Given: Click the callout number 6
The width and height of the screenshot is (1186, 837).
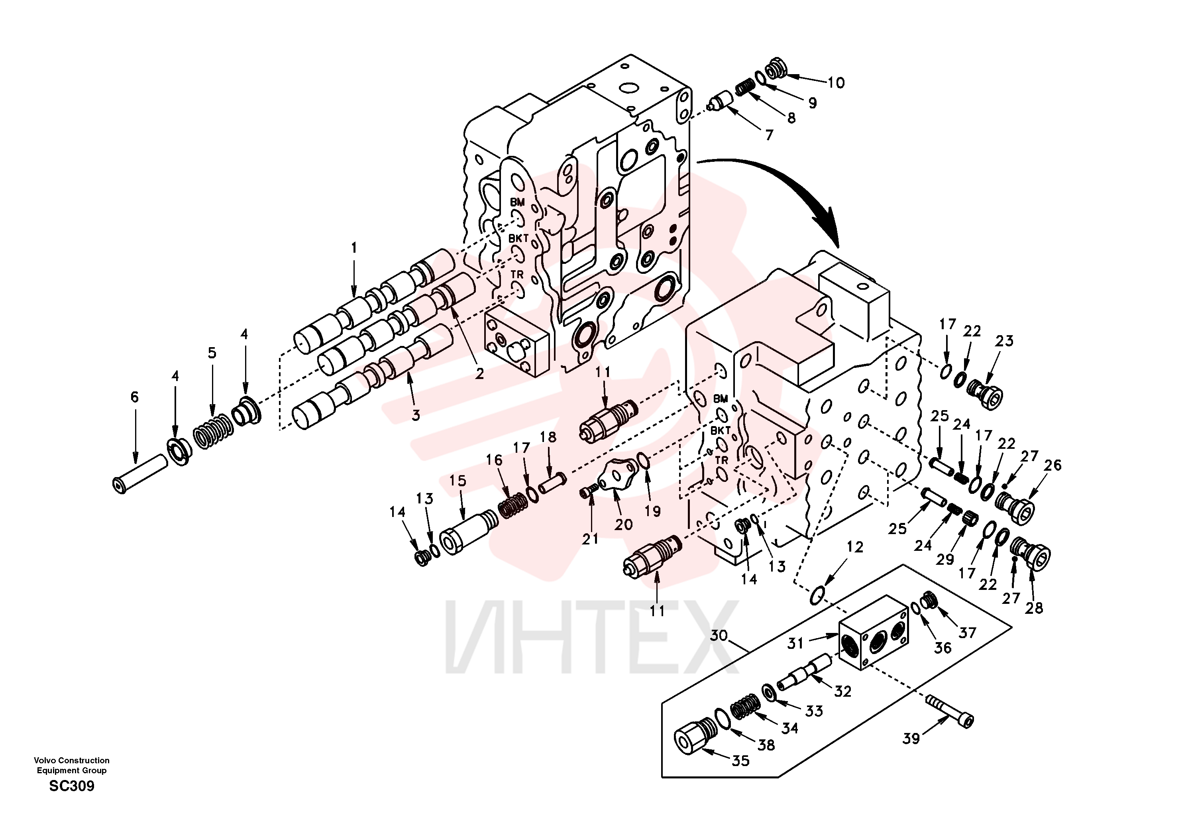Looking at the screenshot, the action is [x=134, y=397].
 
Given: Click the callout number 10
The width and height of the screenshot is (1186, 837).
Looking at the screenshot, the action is [x=836, y=83].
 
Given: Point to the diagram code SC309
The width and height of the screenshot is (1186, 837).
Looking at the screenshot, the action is [x=72, y=786].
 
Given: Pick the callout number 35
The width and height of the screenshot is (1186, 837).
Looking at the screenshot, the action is [x=741, y=760].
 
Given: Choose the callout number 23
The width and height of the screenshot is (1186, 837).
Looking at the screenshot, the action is [x=1005, y=341].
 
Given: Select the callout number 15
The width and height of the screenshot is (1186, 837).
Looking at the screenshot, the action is [x=458, y=481].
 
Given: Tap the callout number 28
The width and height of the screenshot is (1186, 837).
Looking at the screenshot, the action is [x=1034, y=608].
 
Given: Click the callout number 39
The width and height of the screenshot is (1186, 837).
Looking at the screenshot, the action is [x=911, y=739].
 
